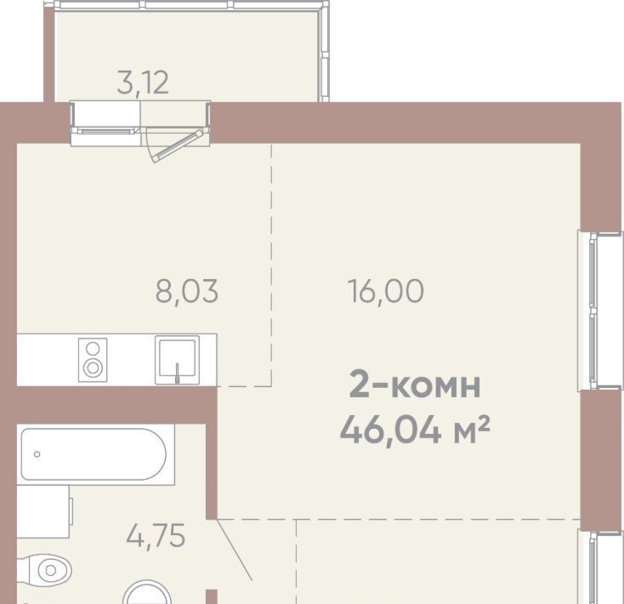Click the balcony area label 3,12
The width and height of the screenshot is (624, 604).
pos(144,83)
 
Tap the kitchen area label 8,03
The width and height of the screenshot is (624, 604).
pos(187,291)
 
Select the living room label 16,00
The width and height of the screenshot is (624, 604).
pos(386,291)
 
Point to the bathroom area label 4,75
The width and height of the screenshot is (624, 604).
pos(156,536)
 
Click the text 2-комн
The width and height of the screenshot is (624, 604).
pos(415,385)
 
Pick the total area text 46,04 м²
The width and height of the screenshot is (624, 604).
pos(415,430)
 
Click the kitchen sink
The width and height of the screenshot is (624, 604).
pos(177,360)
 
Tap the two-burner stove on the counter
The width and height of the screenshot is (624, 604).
pos(93,360)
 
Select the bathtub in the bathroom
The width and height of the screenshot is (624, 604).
pos(94,454)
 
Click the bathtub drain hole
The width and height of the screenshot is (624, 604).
pos(37,454)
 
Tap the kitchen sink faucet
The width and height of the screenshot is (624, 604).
pos(178,373)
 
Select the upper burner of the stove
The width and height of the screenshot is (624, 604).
pos(93,349)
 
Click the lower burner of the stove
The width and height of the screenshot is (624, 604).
pos(93,368)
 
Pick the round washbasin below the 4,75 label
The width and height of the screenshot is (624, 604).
pos(147,592)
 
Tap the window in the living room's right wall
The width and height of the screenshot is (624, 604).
pos(600,311)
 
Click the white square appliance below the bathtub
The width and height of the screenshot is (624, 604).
pos(43,511)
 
